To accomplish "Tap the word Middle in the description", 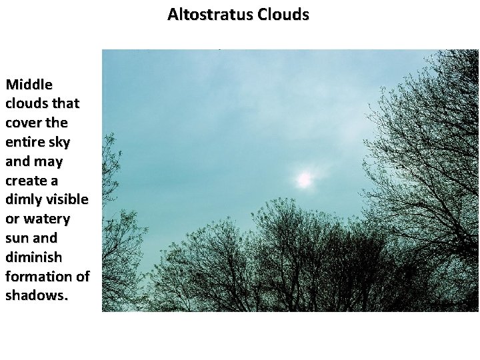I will [29, 85].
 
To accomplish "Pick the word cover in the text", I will [25, 123].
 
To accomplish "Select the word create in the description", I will [26, 181].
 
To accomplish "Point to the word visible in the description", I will [67, 199].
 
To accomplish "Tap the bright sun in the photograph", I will [304, 179].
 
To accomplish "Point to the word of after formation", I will [82, 276].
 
